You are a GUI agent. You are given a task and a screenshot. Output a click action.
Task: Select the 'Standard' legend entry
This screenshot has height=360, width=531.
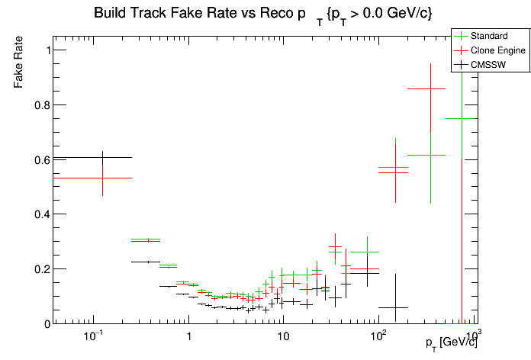pyautogui.click(x=488, y=36)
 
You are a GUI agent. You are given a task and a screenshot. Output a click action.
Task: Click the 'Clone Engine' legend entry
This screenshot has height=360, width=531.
pyautogui.click(x=497, y=50)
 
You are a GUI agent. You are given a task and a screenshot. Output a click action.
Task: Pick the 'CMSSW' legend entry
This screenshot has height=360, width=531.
pyautogui.click(x=488, y=65)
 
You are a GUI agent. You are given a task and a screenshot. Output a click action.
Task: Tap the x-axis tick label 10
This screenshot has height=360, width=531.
pyautogui.click(x=283, y=336)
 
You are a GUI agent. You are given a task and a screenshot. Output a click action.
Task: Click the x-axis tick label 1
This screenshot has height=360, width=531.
pyautogui.click(x=188, y=336)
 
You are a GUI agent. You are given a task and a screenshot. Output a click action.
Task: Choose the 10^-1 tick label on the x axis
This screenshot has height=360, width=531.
pyautogui.click(x=94, y=336)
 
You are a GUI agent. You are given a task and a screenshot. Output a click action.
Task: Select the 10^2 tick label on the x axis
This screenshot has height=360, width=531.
pyautogui.click(x=377, y=336)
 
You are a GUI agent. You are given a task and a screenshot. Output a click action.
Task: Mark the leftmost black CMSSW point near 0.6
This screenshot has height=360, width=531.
pyautogui.click(x=102, y=158)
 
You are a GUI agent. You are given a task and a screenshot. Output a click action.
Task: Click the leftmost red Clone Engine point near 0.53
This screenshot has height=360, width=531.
pyautogui.click(x=102, y=178)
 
